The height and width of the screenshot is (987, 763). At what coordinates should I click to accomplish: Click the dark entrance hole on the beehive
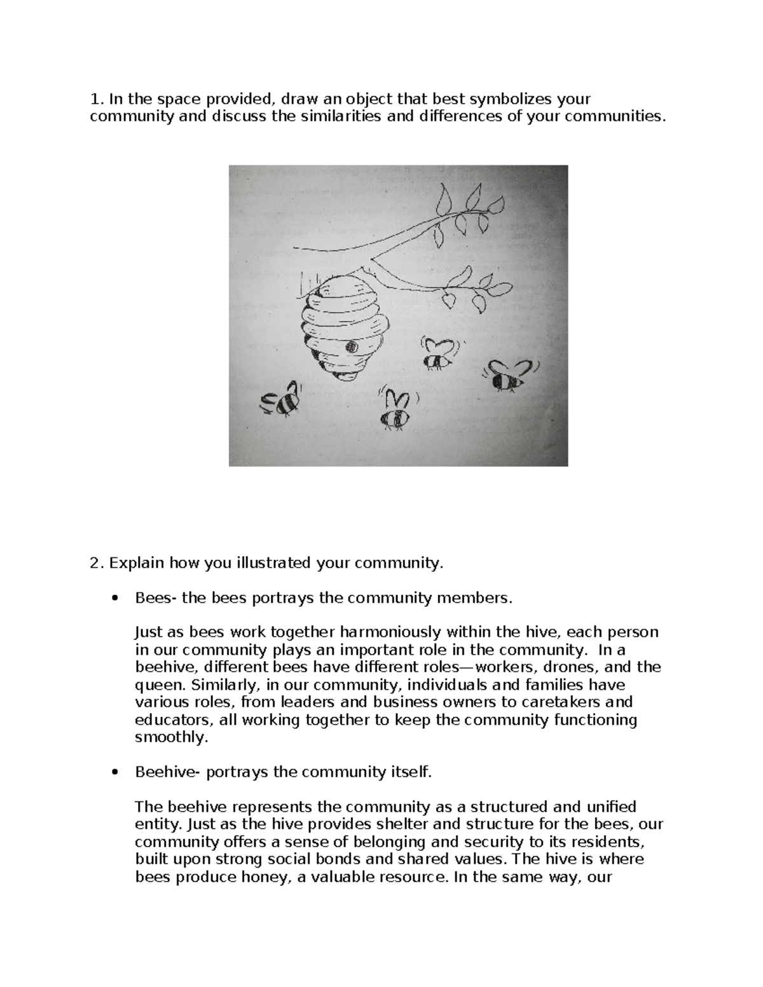[x=350, y=347]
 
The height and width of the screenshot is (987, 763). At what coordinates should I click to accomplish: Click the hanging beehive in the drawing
[x=342, y=330]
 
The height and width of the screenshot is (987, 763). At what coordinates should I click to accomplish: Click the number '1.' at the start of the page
[x=96, y=99]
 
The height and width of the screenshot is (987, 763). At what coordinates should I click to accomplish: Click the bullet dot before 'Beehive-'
[x=114, y=773]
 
